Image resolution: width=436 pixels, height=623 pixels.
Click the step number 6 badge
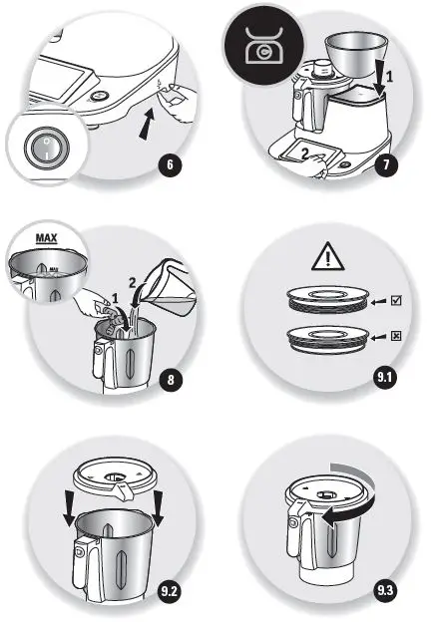tap(173, 165)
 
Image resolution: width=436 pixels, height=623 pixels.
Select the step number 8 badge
tap(171, 381)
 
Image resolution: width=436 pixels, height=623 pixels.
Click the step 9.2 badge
tap(172, 592)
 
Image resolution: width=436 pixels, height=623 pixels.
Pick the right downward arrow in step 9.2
tap(158, 504)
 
